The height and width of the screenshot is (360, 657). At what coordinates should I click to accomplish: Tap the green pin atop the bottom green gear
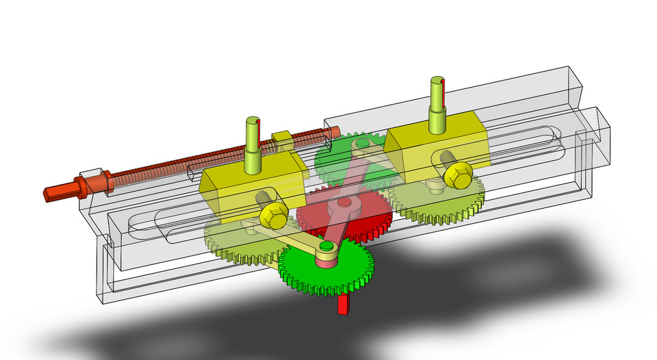click(326, 246)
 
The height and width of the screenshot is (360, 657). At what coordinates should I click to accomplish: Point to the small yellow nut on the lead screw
click(282, 138)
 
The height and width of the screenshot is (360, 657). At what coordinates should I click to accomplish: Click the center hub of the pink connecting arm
click(342, 203)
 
